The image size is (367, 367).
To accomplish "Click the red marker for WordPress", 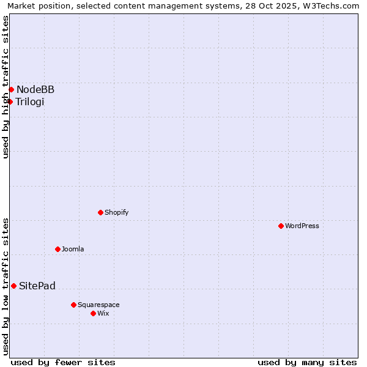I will (x=281, y=226).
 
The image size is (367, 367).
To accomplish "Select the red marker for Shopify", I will (x=100, y=212).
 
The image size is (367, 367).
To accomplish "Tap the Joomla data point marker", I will (x=57, y=249).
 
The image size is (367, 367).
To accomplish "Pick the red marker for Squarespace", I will (x=73, y=305).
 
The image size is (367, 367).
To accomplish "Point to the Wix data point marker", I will (x=93, y=313).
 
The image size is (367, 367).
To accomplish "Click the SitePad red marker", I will (x=13, y=286).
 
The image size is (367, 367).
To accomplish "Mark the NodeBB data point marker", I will (x=11, y=89).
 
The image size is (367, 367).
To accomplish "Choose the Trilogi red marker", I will (x=10, y=102).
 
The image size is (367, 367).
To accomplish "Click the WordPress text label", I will (x=302, y=226).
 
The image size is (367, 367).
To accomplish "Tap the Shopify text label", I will (x=116, y=212).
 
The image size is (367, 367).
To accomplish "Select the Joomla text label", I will (x=73, y=249).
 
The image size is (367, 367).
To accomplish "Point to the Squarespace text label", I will (x=98, y=305).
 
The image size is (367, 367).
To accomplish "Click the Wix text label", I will (x=103, y=313).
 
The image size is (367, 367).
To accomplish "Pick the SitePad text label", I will (x=37, y=286).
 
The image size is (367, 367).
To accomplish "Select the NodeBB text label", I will (x=35, y=89).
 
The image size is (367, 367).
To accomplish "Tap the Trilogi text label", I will (x=30, y=102).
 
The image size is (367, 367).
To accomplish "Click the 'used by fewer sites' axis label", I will (x=63, y=362).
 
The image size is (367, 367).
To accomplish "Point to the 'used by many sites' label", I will (x=307, y=362).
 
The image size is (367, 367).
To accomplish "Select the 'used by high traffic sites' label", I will (x=6, y=87).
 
